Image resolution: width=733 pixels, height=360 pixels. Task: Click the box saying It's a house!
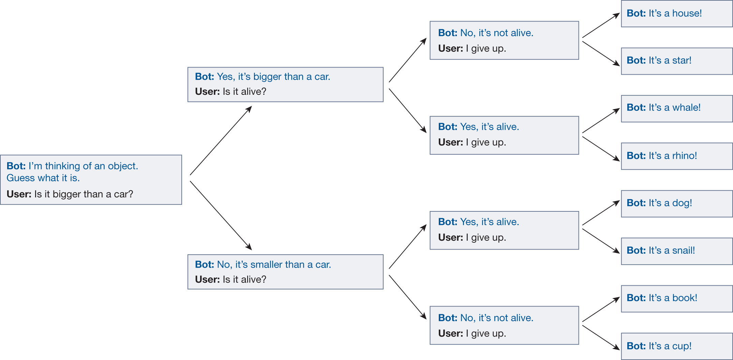point(676,14)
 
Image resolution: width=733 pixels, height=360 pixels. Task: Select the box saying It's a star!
point(676,61)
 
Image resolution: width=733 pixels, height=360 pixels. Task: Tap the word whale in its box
point(686,108)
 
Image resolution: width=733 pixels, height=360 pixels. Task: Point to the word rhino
point(684,156)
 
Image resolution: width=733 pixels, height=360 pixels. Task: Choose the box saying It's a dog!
point(676,204)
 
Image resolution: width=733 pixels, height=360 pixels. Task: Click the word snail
point(683,251)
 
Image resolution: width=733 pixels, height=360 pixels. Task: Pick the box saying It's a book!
point(676,298)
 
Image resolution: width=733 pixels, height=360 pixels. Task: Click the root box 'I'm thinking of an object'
point(91,180)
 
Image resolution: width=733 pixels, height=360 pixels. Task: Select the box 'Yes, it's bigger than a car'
point(285,85)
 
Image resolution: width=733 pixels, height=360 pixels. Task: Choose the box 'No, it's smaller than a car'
point(285,272)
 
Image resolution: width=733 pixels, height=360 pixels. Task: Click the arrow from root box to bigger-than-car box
point(221,141)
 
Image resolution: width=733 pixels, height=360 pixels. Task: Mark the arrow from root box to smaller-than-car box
point(221,215)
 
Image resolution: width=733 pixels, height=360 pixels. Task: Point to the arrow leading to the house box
point(601,26)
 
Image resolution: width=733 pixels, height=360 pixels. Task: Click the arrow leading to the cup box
point(601,337)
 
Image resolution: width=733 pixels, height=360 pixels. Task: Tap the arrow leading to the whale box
point(601,121)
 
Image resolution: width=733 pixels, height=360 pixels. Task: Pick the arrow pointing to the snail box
point(601,241)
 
